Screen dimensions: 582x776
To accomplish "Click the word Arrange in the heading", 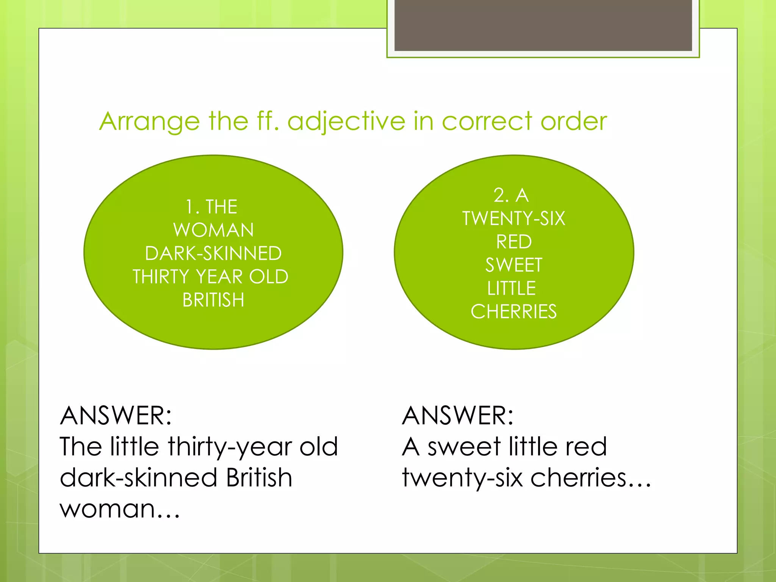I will coord(149,122).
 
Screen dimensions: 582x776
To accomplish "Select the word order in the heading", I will coord(574,122).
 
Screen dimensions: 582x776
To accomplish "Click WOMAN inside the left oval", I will coord(213,230).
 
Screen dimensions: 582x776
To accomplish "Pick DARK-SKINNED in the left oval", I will coord(213,253).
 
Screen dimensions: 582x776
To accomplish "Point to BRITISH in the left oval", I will coord(213,300).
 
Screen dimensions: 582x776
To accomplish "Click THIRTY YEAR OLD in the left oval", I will coord(211,277).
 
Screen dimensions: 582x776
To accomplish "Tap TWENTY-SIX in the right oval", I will coord(514,219).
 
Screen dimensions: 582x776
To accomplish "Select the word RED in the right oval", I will coord(514,242).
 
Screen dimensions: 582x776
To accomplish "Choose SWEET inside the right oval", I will coord(514,265).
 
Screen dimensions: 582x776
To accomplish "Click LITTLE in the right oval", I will coord(512,288).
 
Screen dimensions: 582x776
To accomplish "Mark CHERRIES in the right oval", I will coord(514,312).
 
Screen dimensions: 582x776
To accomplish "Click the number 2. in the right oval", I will coord(501,196).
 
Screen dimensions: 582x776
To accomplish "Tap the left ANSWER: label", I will coord(116,416).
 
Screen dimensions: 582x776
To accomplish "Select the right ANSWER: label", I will coord(458,416).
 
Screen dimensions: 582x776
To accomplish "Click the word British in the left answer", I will coord(259,477).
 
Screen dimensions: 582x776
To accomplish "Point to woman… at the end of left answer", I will coord(120,509).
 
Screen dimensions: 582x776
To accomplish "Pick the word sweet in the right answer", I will coord(464,447).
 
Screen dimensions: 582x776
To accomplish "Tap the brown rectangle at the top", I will coord(543,25).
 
